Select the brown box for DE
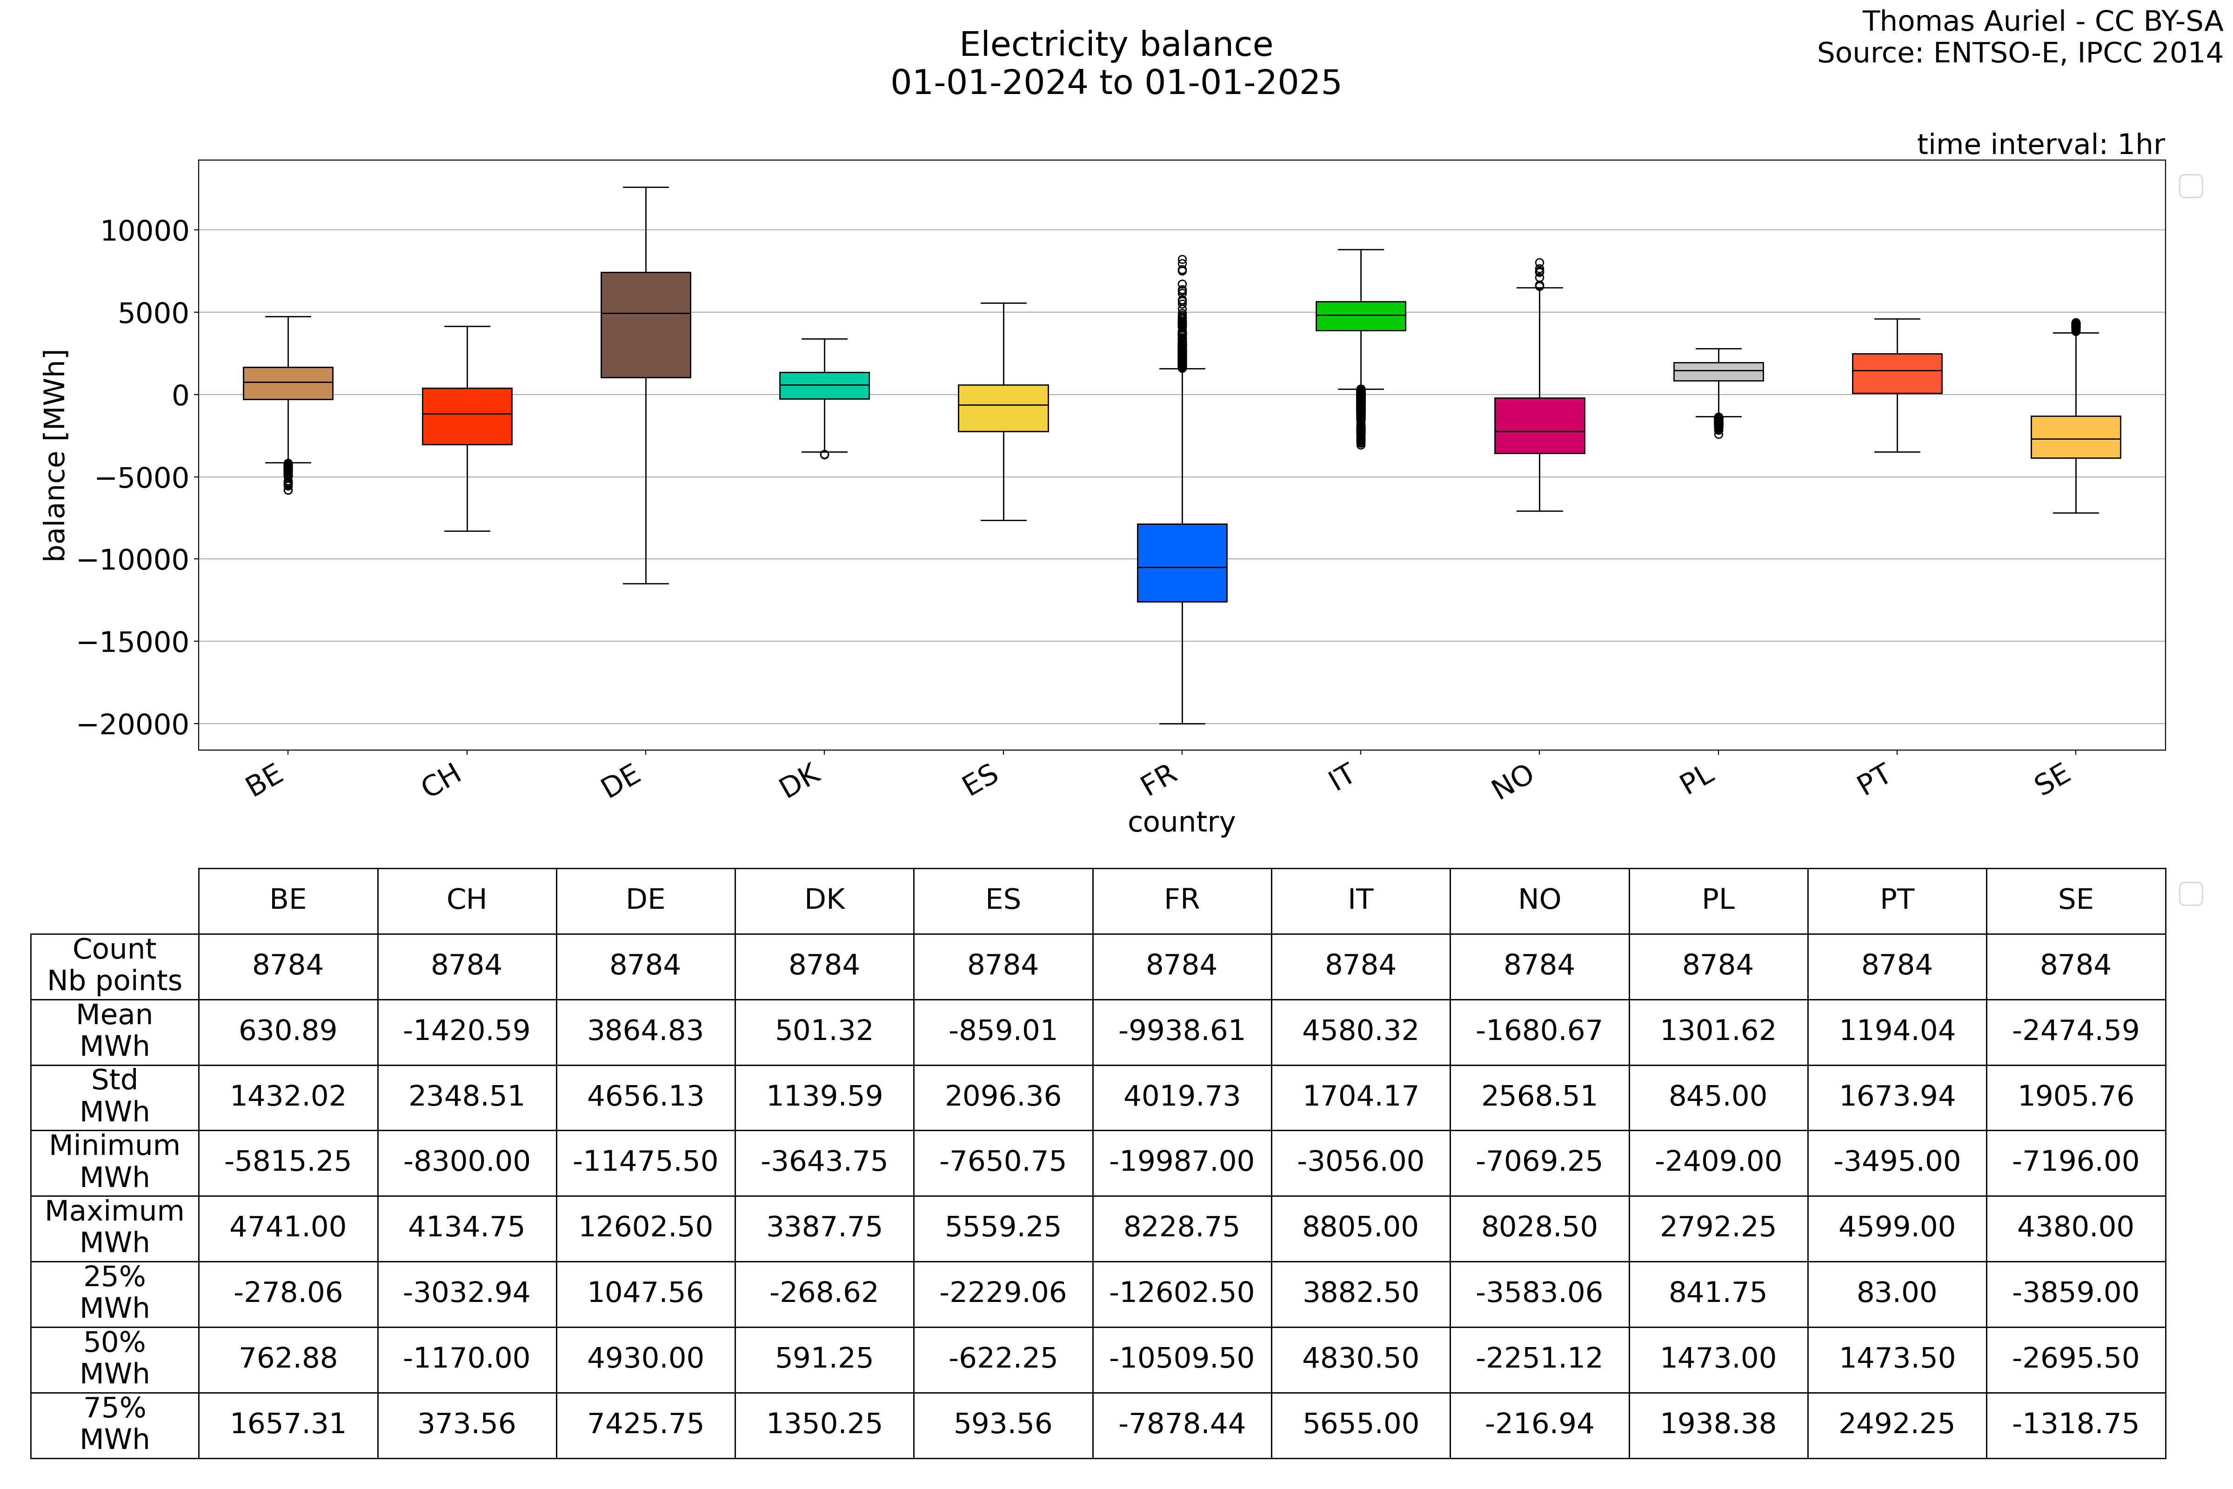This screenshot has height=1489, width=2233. pos(646,325)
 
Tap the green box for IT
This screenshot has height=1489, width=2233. pos(1360,316)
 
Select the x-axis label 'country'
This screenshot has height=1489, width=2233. pos(1181,822)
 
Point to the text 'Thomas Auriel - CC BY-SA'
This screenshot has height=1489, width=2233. pos(2041,21)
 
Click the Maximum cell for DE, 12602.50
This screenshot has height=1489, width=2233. pos(646,1227)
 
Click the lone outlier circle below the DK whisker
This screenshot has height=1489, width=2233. pos(824,455)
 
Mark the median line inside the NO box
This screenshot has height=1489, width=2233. pos(1539,431)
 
